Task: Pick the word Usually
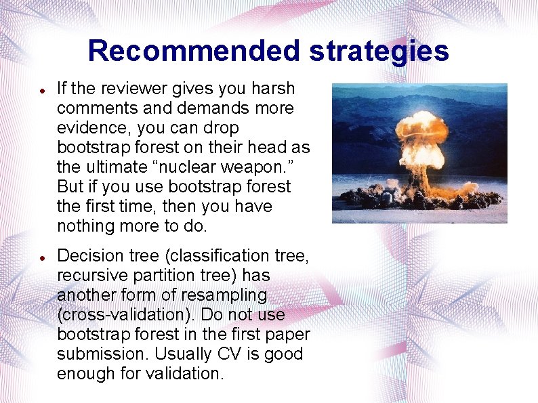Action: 180,354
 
